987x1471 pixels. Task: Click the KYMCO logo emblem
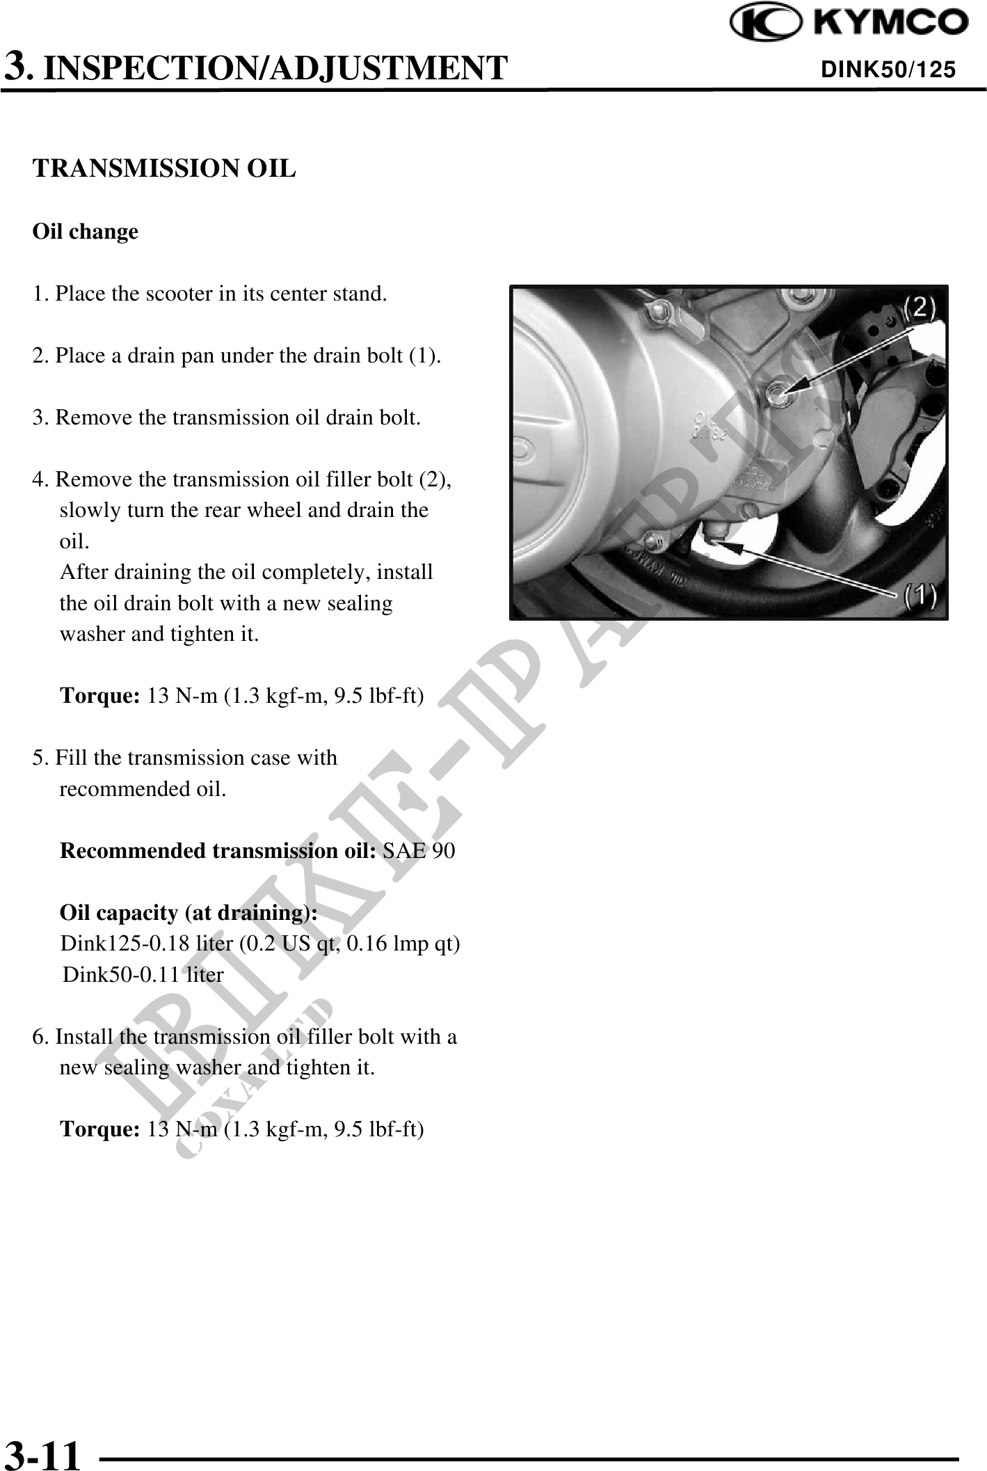(x=763, y=23)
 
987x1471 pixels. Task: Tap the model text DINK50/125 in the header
(x=888, y=70)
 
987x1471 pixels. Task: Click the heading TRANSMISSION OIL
(x=165, y=168)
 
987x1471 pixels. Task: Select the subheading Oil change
(x=86, y=232)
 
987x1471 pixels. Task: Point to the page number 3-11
(x=42, y=1453)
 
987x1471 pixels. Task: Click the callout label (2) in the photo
(x=919, y=307)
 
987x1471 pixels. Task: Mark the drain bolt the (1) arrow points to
(x=713, y=536)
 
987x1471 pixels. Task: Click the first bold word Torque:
(x=102, y=696)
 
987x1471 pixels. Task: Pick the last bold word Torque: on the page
(x=102, y=1129)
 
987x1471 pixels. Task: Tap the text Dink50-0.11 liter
(x=143, y=975)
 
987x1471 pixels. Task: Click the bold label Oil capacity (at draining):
(x=189, y=913)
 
